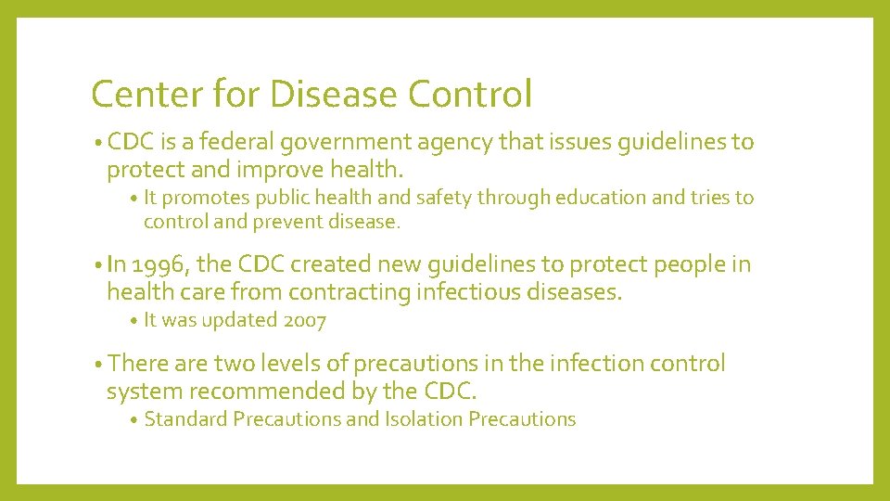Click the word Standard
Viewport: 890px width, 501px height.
(185, 419)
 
